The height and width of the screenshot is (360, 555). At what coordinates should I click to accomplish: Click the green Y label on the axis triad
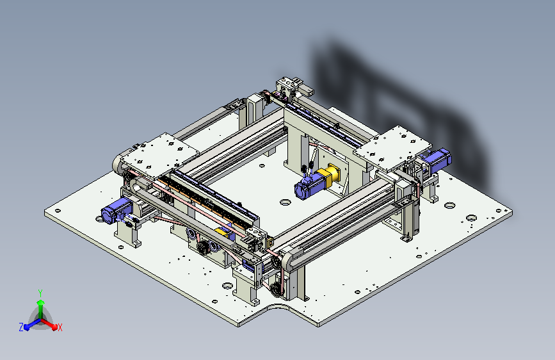click(40, 293)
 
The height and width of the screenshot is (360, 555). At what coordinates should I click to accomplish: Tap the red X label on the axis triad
click(60, 327)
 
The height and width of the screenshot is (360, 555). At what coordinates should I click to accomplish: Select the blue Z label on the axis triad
click(21, 327)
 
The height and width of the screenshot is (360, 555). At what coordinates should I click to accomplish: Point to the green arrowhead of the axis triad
click(41, 302)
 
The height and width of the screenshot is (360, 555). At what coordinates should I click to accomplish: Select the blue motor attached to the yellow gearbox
click(309, 186)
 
